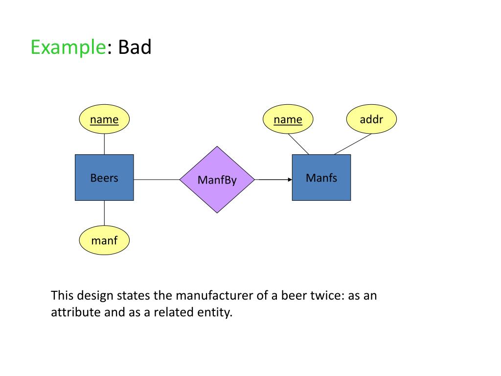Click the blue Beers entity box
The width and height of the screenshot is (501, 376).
pyautogui.click(x=104, y=177)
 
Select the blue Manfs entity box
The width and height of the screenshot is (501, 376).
pyautogui.click(x=321, y=177)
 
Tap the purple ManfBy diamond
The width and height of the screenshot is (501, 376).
pyautogui.click(x=217, y=180)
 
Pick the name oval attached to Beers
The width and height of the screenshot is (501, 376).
pyautogui.click(x=104, y=119)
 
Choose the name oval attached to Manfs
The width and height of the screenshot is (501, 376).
pyautogui.click(x=288, y=119)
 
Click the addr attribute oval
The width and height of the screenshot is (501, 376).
pyautogui.click(x=371, y=119)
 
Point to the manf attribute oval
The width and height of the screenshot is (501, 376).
pyautogui.click(x=104, y=240)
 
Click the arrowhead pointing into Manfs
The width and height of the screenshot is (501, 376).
pyautogui.click(x=289, y=180)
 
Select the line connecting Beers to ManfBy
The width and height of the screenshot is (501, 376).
pyautogui.click(x=157, y=180)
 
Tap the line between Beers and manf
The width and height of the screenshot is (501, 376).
pyautogui.click(x=104, y=213)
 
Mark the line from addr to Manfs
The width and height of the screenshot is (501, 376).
pyautogui.click(x=353, y=144)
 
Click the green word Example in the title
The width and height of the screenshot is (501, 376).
pyautogui.click(x=68, y=47)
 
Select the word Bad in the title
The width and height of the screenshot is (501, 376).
pyautogui.click(x=135, y=47)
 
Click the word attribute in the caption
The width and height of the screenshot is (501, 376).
pyautogui.click(x=76, y=312)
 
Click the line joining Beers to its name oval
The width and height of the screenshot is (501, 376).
pyautogui.click(x=104, y=144)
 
